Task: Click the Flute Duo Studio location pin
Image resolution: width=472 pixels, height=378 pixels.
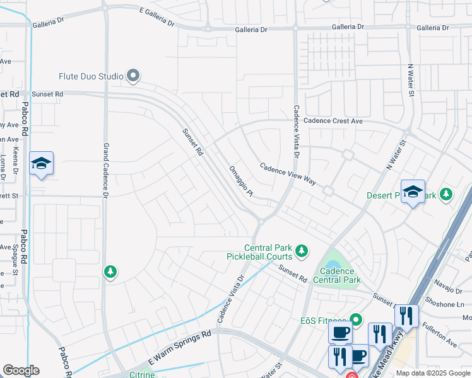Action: click(x=133, y=76)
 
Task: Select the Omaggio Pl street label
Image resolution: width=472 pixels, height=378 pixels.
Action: click(x=240, y=181)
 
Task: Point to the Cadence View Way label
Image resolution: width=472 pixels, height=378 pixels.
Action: click(x=288, y=173)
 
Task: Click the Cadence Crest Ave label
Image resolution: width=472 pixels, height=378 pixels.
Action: click(x=333, y=121)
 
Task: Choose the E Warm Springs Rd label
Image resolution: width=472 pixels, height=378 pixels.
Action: click(x=179, y=347)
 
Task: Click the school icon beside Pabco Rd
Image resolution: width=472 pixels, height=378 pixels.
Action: click(x=41, y=164)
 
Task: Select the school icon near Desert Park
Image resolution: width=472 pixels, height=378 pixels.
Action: click(x=413, y=192)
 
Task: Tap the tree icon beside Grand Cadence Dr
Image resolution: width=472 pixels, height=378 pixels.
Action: click(x=110, y=272)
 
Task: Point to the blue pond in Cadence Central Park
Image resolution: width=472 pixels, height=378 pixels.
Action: click(x=332, y=258)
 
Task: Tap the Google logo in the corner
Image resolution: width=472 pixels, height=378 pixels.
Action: click(x=21, y=370)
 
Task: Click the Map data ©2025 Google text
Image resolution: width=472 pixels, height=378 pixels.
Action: click(x=433, y=373)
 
